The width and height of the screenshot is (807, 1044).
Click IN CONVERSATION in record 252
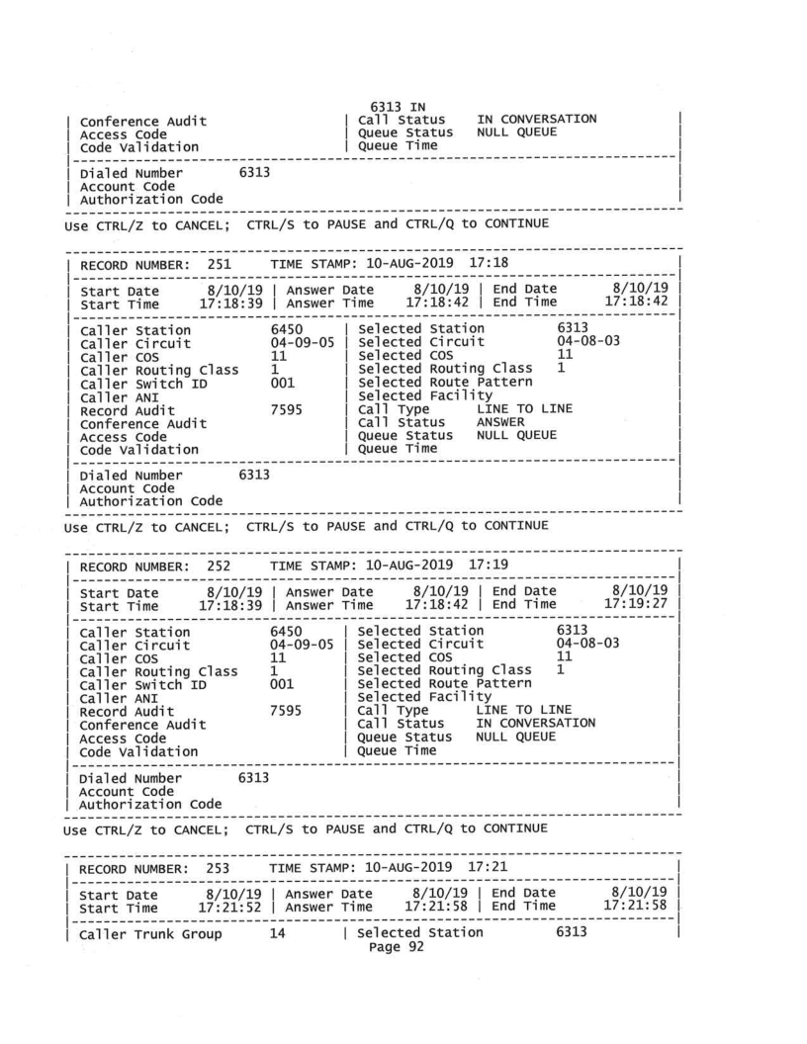tap(537, 724)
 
